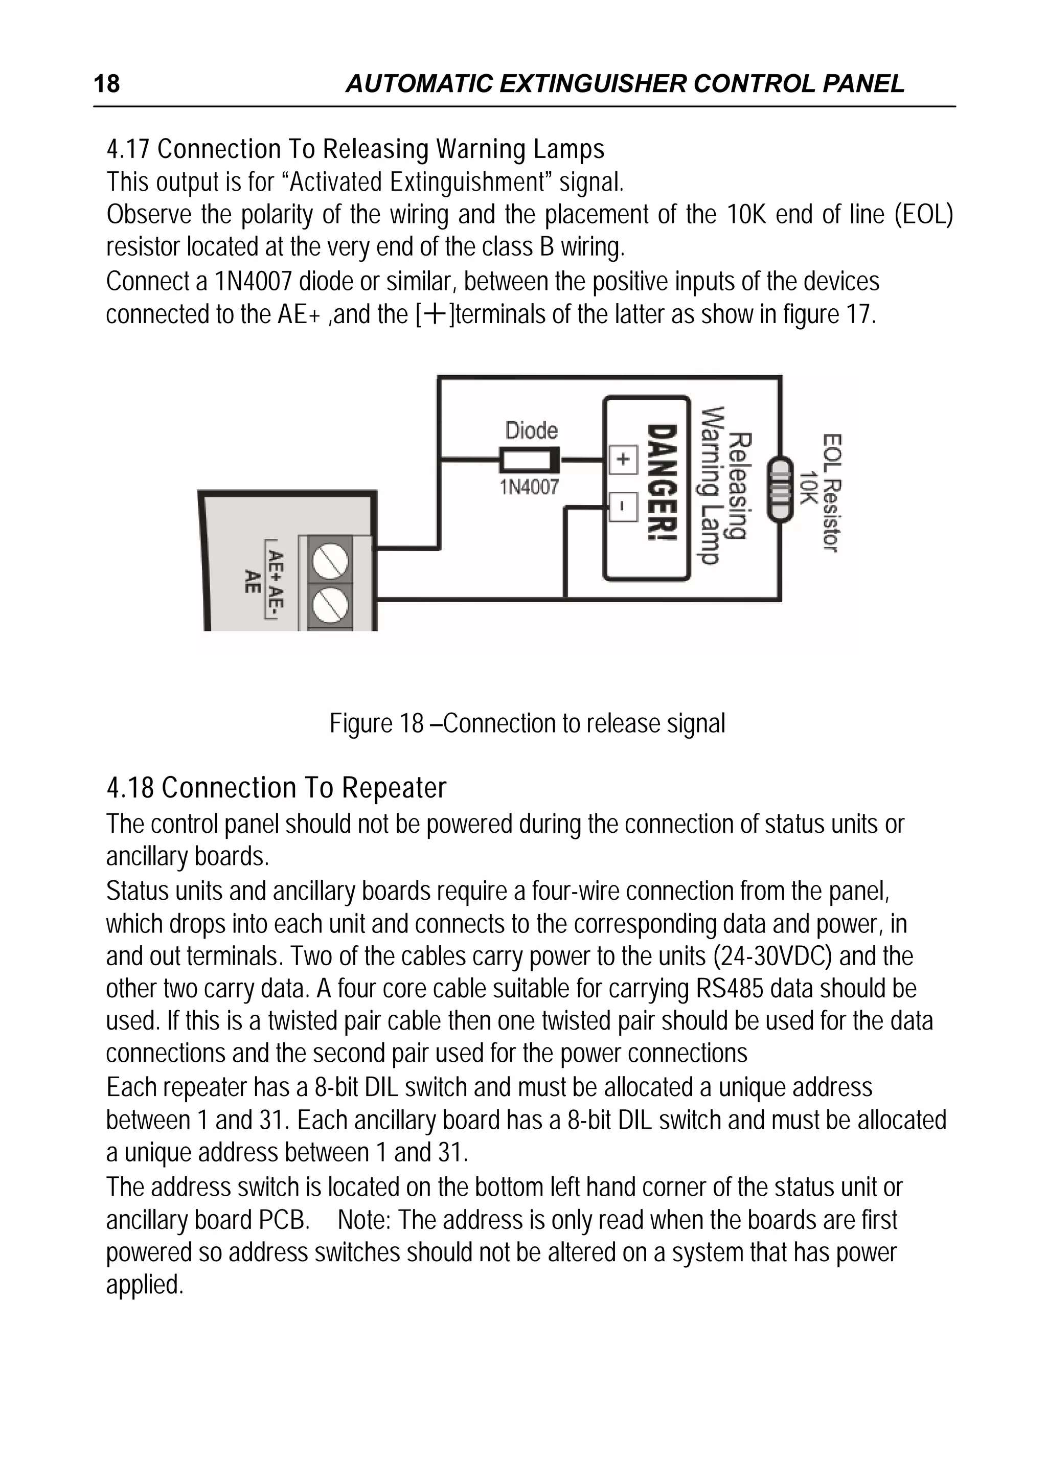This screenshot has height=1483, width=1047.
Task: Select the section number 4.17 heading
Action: tap(128, 150)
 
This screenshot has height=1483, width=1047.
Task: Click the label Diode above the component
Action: tap(531, 430)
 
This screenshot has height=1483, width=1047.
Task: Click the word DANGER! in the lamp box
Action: tap(662, 483)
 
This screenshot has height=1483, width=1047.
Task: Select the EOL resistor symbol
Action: tap(780, 488)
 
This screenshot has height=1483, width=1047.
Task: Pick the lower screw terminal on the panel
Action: tap(331, 605)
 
